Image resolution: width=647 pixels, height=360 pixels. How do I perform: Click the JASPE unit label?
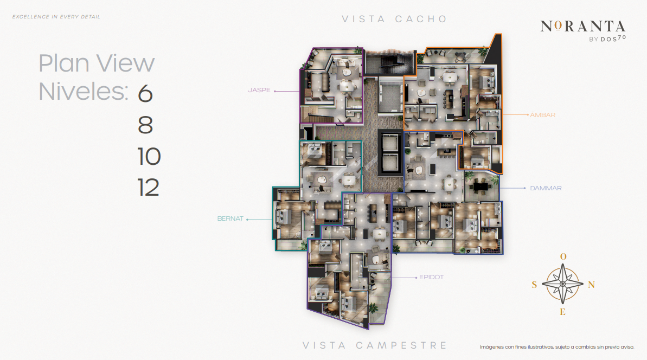[259, 90]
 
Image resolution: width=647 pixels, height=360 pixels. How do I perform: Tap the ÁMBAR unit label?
[543, 114]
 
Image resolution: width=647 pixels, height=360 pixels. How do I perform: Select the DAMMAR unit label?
[546, 188]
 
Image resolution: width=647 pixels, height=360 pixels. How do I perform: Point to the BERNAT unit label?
[230, 218]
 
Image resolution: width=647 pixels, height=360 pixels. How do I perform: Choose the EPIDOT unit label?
[431, 277]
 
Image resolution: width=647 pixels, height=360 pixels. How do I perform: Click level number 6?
[145, 94]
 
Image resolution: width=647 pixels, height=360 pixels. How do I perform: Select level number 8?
[145, 125]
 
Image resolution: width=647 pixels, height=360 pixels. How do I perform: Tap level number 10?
[149, 156]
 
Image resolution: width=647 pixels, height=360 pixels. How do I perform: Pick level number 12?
[148, 188]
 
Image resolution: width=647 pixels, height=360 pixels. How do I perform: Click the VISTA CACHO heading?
[394, 19]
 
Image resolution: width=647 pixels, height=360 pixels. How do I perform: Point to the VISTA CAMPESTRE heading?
[375, 345]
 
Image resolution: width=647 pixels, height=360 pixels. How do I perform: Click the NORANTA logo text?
[582, 27]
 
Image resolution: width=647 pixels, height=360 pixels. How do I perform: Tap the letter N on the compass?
[591, 285]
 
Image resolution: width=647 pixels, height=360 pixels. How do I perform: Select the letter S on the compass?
[534, 285]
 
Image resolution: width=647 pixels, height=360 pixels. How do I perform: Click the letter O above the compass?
[563, 256]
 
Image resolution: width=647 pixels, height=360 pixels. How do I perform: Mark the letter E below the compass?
[563, 312]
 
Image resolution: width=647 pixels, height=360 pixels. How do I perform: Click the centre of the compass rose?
[562, 284]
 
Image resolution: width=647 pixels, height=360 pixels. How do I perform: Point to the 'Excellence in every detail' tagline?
[56, 17]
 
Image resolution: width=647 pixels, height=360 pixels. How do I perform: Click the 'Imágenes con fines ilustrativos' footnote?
[557, 347]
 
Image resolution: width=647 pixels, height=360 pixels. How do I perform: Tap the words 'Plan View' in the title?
[97, 63]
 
